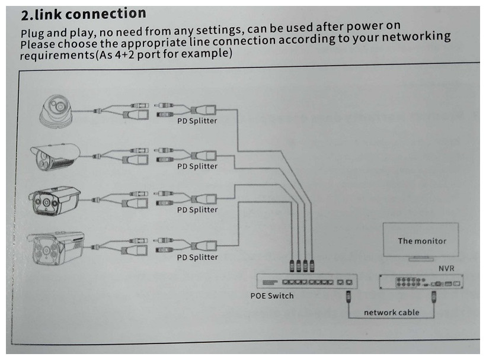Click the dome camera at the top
click(56, 111)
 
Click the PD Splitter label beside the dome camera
click(197, 121)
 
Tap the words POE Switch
click(272, 295)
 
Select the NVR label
click(446, 268)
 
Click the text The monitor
click(422, 241)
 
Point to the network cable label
click(391, 312)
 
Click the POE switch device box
click(307, 281)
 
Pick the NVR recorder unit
click(421, 282)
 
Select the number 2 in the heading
click(25, 15)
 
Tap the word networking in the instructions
click(416, 37)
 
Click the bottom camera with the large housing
click(56, 248)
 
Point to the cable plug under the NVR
click(434, 296)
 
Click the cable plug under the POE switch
click(348, 296)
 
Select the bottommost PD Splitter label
click(197, 257)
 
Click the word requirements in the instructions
click(57, 56)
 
